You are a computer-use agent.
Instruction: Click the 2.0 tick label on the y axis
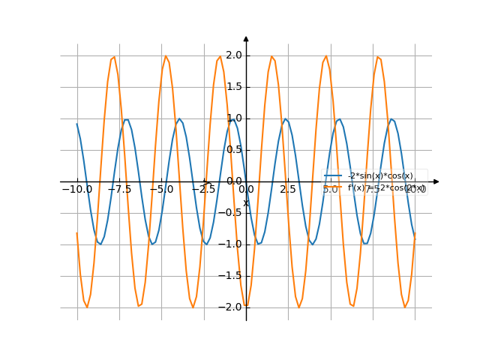[x=234, y=55]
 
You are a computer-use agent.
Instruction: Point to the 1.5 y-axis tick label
[x=234, y=86]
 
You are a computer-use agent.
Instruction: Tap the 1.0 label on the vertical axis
[x=234, y=118]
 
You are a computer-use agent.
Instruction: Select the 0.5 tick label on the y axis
[x=234, y=149]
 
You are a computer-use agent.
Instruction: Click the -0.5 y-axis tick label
[x=232, y=212]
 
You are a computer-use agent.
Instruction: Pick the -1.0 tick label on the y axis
[x=232, y=244]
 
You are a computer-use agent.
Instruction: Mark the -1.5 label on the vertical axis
[x=232, y=275]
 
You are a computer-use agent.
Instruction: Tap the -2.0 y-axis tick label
[x=232, y=307]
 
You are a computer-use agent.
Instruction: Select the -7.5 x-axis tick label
[x=118, y=190]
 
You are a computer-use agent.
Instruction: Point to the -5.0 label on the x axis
[x=160, y=190]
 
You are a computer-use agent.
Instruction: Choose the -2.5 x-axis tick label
[x=203, y=190]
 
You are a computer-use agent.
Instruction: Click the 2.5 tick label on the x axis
[x=288, y=190]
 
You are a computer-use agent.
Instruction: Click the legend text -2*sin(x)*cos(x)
[x=380, y=175]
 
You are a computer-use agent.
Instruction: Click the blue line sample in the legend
[x=334, y=175]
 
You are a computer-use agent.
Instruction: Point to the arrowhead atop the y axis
[x=246, y=38]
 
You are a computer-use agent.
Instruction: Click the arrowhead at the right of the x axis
[x=436, y=181]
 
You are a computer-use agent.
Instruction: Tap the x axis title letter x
[x=245, y=202]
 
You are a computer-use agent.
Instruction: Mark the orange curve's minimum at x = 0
[x=246, y=307]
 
